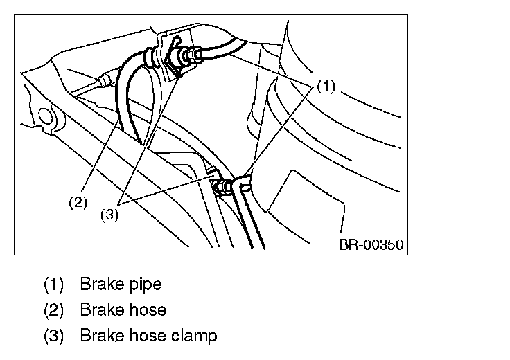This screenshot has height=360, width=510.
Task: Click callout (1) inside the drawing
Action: click(x=326, y=87)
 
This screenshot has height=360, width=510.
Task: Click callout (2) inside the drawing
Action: click(x=78, y=203)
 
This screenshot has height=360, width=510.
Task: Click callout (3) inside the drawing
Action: click(x=109, y=215)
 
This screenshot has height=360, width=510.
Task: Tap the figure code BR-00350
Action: click(x=371, y=244)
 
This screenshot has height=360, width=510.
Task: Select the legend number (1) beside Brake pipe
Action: click(x=53, y=284)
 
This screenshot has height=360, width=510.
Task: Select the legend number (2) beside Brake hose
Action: click(x=53, y=309)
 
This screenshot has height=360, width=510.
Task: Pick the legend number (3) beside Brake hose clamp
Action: click(x=53, y=336)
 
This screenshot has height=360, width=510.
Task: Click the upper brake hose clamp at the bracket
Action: click(x=173, y=58)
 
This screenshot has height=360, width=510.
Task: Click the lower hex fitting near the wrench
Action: click(x=222, y=188)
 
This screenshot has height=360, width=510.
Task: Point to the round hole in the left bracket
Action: click(x=46, y=117)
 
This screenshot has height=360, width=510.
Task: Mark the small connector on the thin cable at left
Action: click(x=106, y=78)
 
